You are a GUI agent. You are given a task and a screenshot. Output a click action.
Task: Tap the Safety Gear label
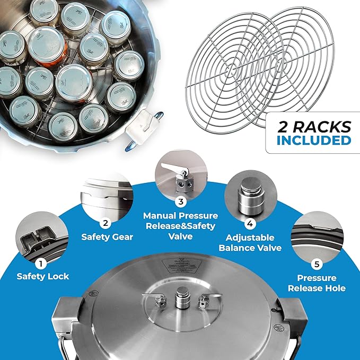pyautogui.click(x=107, y=236)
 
